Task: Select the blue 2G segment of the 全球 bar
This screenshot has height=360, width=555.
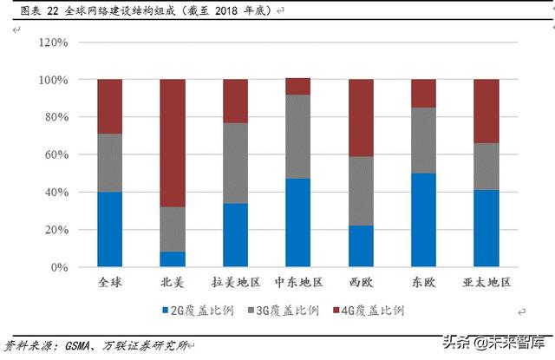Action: pyautogui.click(x=109, y=229)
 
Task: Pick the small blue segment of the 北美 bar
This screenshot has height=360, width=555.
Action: pyautogui.click(x=173, y=259)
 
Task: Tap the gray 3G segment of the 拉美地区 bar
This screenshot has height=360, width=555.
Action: pyautogui.click(x=235, y=163)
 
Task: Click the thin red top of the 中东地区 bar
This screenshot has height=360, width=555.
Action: pyautogui.click(x=298, y=86)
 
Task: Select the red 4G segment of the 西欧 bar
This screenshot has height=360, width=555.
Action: pyautogui.click(x=361, y=118)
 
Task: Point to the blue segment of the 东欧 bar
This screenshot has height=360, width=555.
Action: pyautogui.click(x=424, y=219)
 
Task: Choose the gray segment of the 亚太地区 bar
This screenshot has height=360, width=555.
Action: pyautogui.click(x=486, y=167)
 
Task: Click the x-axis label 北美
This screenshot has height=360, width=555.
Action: pyautogui.click(x=173, y=283)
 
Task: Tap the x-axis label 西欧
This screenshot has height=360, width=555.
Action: pyautogui.click(x=361, y=283)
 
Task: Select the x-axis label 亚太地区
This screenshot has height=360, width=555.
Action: pyautogui.click(x=486, y=283)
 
